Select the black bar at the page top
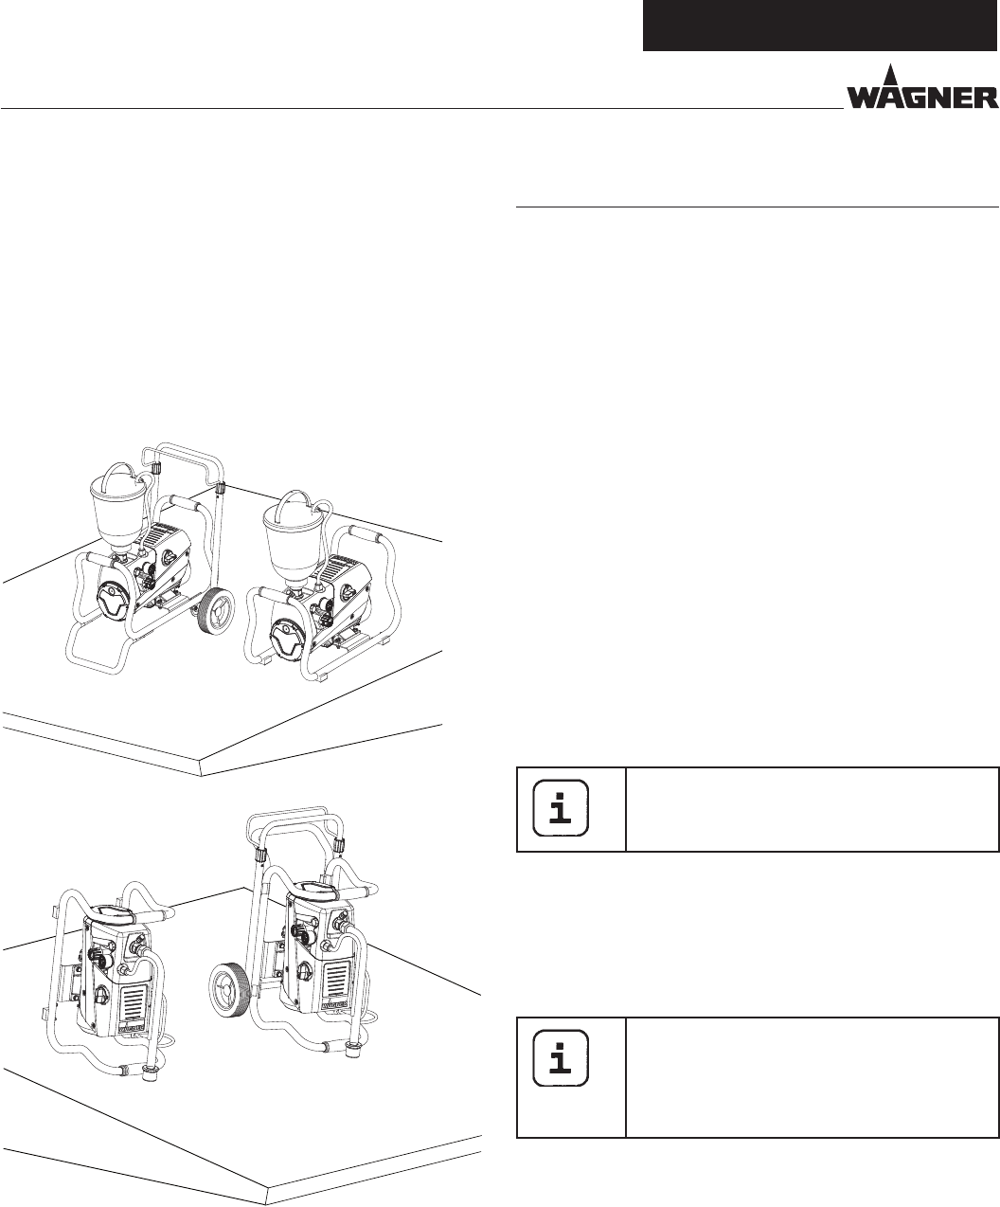820,25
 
